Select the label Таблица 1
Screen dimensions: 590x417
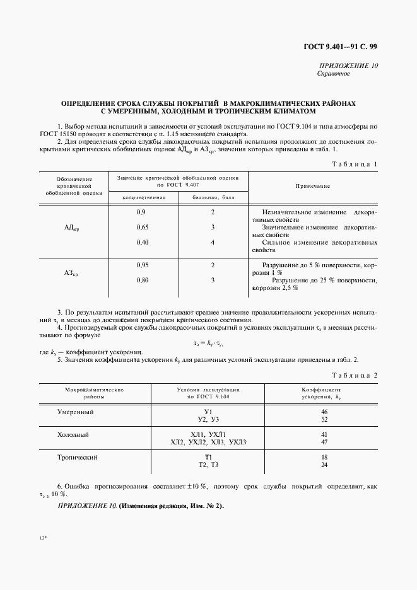[x=355, y=164]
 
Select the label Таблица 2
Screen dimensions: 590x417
[x=355, y=376]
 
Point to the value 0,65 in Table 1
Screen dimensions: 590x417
[x=143, y=227]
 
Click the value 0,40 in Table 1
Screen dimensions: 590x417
[x=143, y=242]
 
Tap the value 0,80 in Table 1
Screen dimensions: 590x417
[x=143, y=280]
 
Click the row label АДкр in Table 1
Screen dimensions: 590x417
[x=71, y=228]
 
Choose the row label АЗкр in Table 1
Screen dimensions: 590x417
[x=71, y=273]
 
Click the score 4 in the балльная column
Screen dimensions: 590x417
[x=213, y=242]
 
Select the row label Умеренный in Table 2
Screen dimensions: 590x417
[x=76, y=412]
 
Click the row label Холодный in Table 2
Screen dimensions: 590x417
[x=73, y=434]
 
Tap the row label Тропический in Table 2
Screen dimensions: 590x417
[x=78, y=457]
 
